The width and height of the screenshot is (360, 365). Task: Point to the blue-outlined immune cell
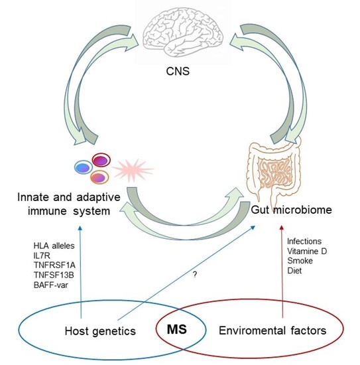(x=85, y=167)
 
